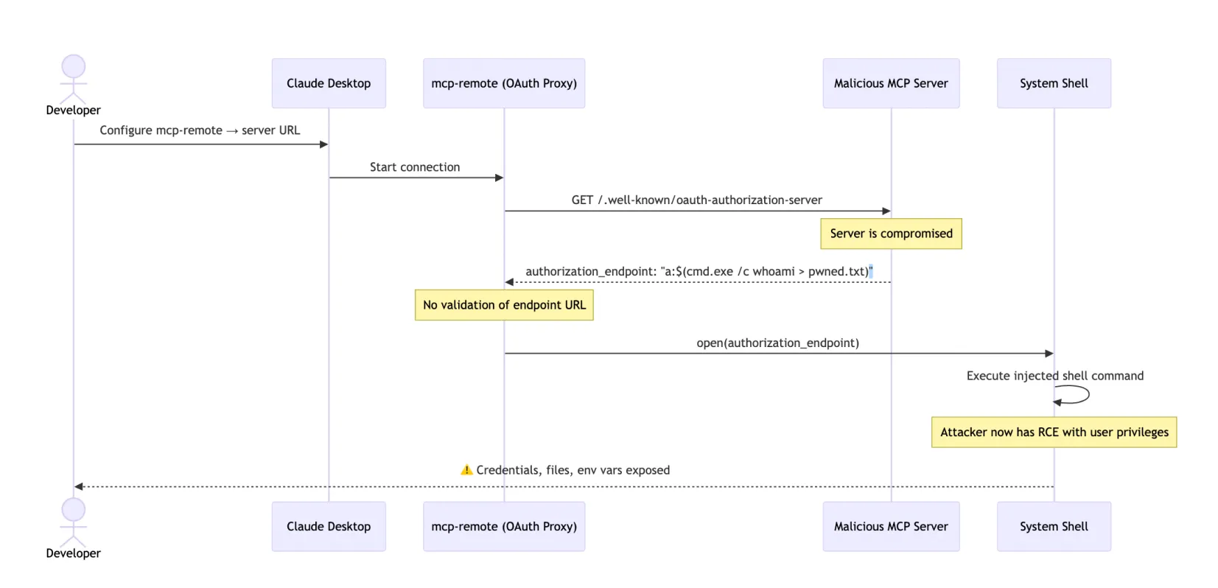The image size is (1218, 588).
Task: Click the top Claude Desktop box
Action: coord(329,83)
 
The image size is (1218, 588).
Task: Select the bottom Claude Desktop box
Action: coord(329,526)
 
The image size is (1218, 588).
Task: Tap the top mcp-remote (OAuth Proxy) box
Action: coord(504,83)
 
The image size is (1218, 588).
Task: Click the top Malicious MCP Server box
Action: coord(891,83)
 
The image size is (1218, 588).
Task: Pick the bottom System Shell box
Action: coord(1054,526)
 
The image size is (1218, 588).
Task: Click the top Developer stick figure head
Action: coord(73,66)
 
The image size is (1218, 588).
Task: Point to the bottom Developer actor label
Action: coord(73,553)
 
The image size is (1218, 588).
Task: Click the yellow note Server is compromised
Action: coord(891,234)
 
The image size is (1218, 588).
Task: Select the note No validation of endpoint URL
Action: coord(504,305)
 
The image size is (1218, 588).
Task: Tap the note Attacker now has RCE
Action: coord(1054,433)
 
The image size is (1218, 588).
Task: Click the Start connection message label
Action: coord(415,167)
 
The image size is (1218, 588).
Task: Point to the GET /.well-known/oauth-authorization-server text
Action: coord(696,200)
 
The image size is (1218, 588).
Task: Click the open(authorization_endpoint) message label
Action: coord(777,343)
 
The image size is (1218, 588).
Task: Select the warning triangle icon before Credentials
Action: coord(466,470)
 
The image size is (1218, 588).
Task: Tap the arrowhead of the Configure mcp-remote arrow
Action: coord(323,144)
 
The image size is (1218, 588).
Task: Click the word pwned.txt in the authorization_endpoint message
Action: coord(838,272)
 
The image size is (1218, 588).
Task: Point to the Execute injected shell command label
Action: coord(1054,376)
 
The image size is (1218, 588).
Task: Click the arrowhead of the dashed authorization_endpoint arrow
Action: coord(509,282)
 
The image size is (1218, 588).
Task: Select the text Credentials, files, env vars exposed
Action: coord(573,470)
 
